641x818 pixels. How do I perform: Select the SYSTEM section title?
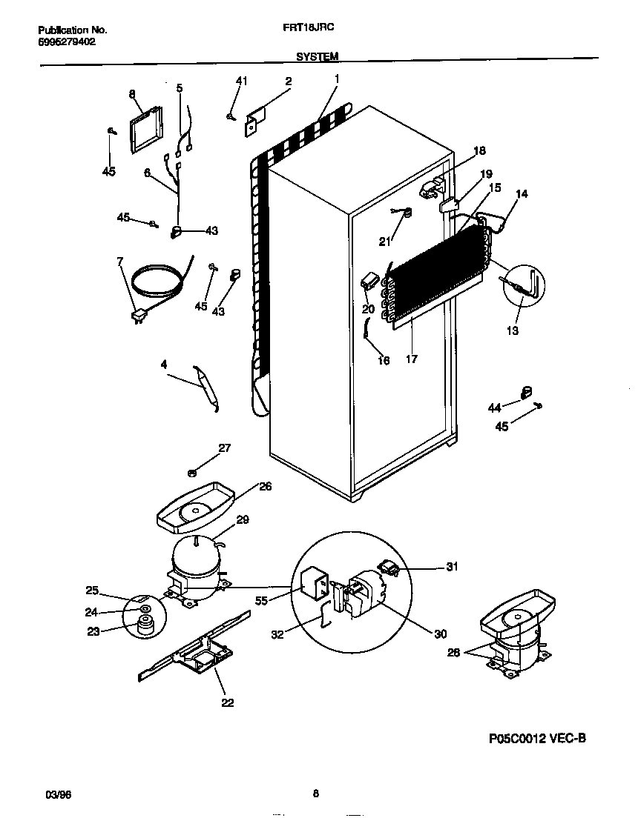(x=318, y=56)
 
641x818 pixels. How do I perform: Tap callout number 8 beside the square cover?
(x=132, y=94)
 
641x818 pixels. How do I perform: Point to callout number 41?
(x=240, y=81)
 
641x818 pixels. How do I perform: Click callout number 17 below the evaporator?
(x=412, y=359)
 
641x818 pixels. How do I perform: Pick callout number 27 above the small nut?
(x=224, y=447)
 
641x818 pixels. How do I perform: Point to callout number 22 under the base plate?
(x=227, y=702)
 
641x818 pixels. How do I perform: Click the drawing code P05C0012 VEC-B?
(x=538, y=738)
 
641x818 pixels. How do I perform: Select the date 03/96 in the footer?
(x=48, y=794)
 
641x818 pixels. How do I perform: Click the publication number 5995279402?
(x=66, y=41)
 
